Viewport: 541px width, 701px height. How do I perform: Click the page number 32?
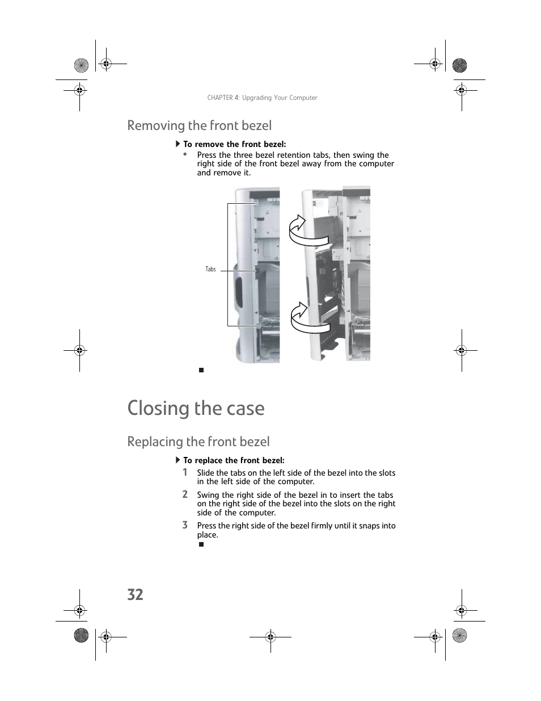(135, 594)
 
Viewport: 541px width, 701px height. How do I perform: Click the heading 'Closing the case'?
(196, 408)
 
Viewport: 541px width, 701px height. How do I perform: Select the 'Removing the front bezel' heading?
(199, 125)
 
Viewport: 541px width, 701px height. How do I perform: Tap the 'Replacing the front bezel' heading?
(198, 442)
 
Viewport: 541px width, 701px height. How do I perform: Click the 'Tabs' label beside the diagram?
(210, 269)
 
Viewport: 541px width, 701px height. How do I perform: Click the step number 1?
(185, 472)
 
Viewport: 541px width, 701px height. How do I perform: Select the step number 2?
(185, 494)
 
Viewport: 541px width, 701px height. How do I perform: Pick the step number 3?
(185, 525)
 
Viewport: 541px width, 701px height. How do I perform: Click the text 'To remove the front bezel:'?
(234, 144)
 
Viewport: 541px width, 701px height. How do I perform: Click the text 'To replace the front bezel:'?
(234, 460)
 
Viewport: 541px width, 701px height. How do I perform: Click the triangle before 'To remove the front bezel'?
(177, 144)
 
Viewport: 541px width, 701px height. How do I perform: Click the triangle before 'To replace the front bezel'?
(177, 460)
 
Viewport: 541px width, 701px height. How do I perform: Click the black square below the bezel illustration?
(201, 370)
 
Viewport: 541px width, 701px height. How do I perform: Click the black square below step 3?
(201, 544)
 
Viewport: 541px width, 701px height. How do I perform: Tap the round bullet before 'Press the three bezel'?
(185, 153)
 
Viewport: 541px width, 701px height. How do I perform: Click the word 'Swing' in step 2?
(208, 495)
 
